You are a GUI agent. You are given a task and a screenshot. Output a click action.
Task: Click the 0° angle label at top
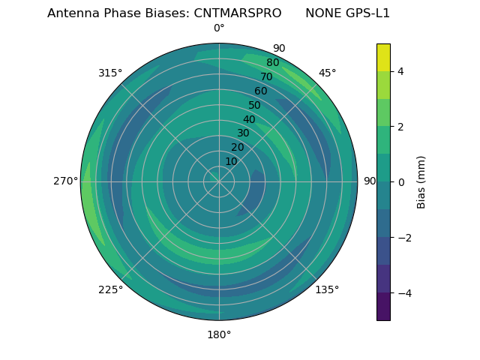point(219,28)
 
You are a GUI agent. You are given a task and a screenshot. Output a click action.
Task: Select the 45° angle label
point(327,73)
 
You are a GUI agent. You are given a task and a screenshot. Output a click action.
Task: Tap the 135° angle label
point(327,289)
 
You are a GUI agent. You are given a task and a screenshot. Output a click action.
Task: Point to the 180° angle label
point(219,334)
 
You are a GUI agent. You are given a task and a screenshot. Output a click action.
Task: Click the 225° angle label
point(110,289)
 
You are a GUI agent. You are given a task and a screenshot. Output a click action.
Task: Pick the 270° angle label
point(66,181)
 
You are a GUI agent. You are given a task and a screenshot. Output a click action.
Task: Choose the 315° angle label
point(110,73)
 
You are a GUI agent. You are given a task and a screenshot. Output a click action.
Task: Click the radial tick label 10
point(231,161)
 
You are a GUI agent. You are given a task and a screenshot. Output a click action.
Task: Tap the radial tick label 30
point(243,133)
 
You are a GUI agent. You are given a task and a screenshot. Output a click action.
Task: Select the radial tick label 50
point(254,105)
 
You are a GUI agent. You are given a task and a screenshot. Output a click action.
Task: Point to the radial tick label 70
point(266,76)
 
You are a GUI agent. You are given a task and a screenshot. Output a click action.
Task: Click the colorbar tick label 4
point(400,71)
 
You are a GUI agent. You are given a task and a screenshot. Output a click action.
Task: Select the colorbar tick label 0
point(400,182)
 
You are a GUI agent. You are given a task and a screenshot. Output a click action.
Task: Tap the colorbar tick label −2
point(404,238)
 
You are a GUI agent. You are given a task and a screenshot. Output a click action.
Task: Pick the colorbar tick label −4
point(404,293)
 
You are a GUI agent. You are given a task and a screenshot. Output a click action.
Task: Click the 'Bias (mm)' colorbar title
point(421,181)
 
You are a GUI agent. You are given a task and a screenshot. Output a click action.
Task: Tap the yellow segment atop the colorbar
point(383,57)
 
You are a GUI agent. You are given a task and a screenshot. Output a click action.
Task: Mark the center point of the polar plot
point(219,181)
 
